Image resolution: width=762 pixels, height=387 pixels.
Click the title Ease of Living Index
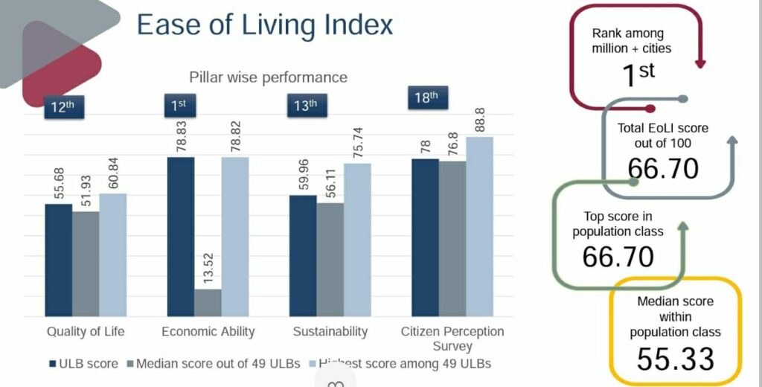265,25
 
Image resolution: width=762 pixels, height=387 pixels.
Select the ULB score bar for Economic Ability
180,237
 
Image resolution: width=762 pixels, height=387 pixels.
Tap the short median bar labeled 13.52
208,302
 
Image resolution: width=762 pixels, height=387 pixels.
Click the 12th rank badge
63,106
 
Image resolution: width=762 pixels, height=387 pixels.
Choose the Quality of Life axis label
86,332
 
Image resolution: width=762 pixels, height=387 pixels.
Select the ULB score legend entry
83,364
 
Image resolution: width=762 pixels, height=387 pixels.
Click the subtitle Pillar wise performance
268,77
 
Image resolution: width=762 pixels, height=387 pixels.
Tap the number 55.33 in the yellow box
675,359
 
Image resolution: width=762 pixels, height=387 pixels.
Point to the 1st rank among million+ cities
637,72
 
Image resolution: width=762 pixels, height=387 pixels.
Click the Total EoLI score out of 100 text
663,135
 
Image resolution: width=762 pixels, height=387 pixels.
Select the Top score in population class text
618,223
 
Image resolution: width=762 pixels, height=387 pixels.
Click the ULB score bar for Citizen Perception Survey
425,237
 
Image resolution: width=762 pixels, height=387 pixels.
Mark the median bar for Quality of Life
86,263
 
